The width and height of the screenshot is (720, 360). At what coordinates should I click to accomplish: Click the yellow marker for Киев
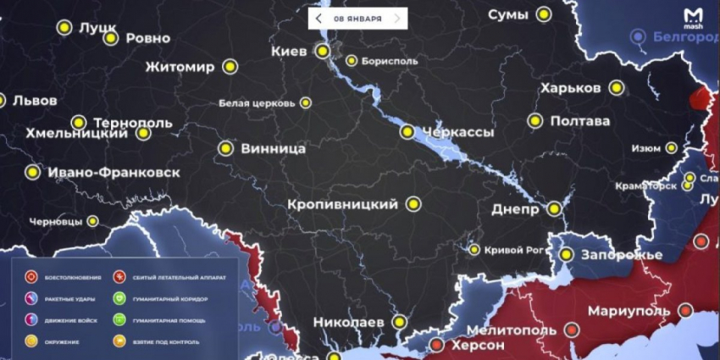point(322,52)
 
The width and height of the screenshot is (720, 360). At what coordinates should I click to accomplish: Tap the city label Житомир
point(180,67)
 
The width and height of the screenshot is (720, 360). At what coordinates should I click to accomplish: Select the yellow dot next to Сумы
point(544,14)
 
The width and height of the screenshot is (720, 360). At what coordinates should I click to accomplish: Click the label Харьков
point(571,88)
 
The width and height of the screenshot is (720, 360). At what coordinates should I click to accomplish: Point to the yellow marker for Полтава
point(534,121)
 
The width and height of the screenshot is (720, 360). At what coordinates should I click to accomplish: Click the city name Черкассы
point(458,132)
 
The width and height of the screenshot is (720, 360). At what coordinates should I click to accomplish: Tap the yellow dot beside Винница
point(225,148)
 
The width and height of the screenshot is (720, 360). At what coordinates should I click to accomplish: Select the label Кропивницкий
point(342,205)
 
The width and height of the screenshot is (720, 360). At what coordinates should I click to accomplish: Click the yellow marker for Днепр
point(554,208)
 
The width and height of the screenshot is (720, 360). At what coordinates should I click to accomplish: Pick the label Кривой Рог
point(513,249)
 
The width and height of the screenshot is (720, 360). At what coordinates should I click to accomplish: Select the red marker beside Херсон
point(436,346)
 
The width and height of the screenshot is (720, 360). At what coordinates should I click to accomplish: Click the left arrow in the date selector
point(318,18)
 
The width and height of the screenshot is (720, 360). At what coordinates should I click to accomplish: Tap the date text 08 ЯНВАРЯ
point(357,18)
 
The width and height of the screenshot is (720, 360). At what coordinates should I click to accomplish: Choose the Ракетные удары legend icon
point(31,299)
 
